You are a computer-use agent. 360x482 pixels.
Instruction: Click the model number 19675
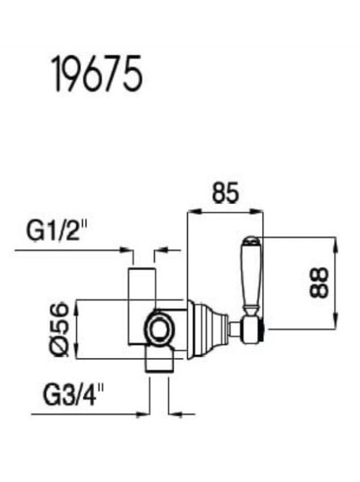tap(97, 73)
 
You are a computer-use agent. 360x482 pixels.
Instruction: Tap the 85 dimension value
tap(225, 193)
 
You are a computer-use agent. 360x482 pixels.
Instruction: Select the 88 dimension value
tap(319, 282)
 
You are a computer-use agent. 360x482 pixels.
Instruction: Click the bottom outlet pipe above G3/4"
tap(160, 359)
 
